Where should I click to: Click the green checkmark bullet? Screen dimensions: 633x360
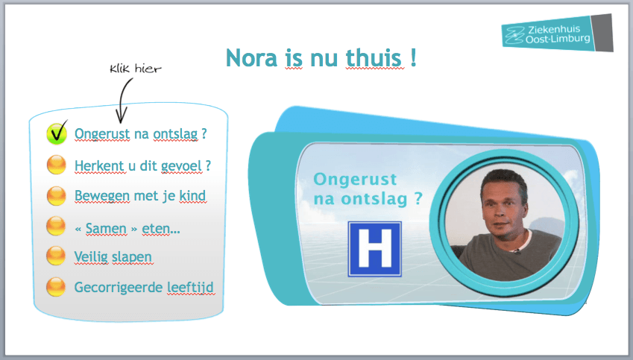(x=57, y=133)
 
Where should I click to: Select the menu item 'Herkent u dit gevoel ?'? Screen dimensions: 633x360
(x=142, y=166)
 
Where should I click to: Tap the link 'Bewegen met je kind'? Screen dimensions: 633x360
(x=140, y=196)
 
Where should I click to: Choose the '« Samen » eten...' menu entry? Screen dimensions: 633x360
(x=127, y=228)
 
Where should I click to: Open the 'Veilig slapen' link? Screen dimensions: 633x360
(x=113, y=256)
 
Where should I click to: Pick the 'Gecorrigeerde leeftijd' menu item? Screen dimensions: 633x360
(x=144, y=288)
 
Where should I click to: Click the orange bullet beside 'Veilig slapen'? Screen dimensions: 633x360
(x=56, y=255)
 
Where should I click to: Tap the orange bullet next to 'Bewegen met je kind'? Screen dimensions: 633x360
(x=56, y=195)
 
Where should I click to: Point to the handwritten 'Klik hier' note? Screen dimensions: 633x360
(x=135, y=69)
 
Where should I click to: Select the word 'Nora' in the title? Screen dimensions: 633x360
(x=251, y=57)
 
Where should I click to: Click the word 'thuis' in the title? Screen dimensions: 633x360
(x=374, y=57)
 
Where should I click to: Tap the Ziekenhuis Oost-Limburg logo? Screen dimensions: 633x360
(x=557, y=33)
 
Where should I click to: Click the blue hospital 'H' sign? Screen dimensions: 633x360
(x=374, y=249)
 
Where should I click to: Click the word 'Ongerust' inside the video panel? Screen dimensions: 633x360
(x=355, y=180)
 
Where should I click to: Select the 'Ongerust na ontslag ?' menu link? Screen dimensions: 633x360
(x=140, y=134)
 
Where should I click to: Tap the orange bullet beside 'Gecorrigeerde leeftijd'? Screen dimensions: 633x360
(x=56, y=286)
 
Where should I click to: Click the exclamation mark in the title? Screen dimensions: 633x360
(x=413, y=57)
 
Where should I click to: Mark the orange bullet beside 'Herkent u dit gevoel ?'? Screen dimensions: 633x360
(x=56, y=165)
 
